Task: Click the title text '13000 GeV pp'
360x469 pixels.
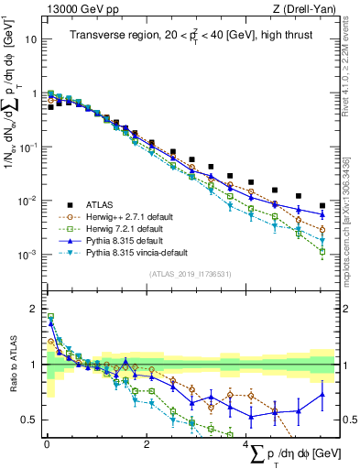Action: tap(78, 11)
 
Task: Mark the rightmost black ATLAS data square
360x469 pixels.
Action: tap(322, 206)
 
